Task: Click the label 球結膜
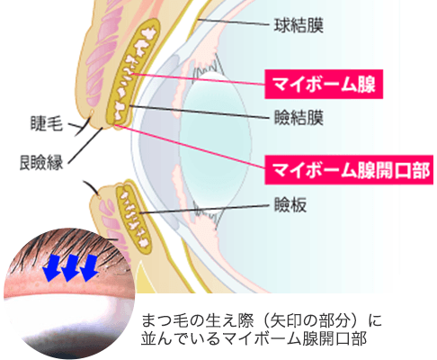pos(299,25)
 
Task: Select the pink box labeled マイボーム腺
pos(324,84)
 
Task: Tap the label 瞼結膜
pos(299,117)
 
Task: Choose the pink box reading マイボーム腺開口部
pos(349,170)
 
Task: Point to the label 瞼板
pos(290,205)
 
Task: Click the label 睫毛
pos(47,123)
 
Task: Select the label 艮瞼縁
pos(41,163)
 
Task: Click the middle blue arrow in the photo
pos(70,268)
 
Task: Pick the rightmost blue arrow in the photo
pos(89,268)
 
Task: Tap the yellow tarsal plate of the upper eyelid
pos(133,72)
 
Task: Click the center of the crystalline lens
pos(217,141)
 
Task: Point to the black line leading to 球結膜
pos(233,22)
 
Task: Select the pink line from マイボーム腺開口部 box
pos(189,146)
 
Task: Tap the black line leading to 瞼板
pos(205,209)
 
